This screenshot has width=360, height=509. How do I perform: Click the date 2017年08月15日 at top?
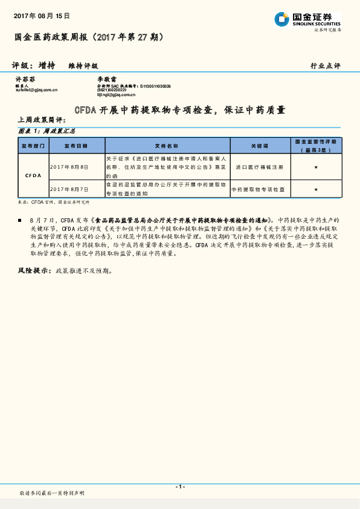click(42, 16)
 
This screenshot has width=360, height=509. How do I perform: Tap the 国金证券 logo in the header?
click(308, 20)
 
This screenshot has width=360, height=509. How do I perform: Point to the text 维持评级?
click(83, 65)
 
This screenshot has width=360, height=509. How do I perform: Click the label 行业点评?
click(326, 65)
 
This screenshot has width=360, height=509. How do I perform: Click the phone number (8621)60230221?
click(113, 90)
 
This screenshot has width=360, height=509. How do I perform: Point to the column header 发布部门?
click(33, 146)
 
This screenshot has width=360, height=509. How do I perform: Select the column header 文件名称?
click(167, 146)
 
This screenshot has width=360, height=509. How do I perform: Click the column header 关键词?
click(259, 146)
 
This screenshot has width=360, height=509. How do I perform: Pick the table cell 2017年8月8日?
click(69, 167)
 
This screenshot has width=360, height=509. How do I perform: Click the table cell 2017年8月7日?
click(69, 189)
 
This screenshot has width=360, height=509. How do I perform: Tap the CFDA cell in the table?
click(33, 175)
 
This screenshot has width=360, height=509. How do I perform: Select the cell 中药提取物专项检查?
click(259, 189)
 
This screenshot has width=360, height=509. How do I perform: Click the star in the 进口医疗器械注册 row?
click(316, 167)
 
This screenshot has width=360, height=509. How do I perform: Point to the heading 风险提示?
click(34, 271)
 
